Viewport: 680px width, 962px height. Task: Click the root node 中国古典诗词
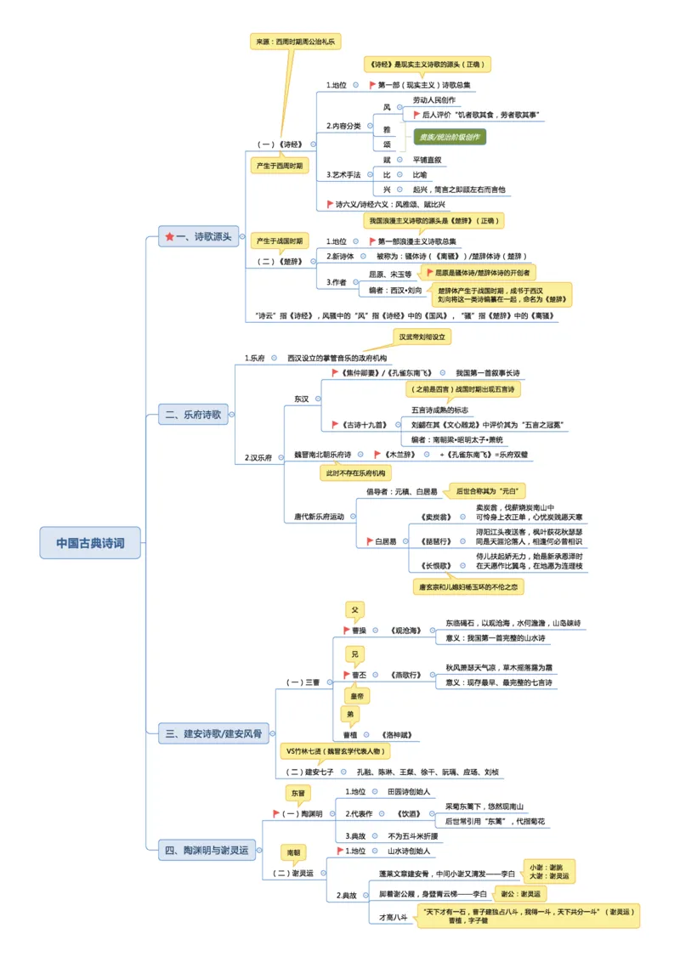click(x=90, y=542)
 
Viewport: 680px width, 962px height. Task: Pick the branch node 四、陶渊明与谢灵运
click(x=207, y=849)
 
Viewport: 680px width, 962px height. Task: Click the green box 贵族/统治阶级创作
click(x=449, y=136)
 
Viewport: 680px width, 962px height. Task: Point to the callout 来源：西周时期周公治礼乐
click(x=295, y=41)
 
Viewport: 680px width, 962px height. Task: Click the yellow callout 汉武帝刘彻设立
click(x=423, y=337)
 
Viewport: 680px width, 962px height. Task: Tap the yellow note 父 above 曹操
click(x=355, y=609)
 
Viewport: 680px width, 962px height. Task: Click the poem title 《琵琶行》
click(x=435, y=540)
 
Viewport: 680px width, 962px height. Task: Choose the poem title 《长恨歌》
click(x=435, y=564)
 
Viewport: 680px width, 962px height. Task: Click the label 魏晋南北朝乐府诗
click(x=322, y=455)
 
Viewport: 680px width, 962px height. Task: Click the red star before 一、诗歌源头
click(x=169, y=236)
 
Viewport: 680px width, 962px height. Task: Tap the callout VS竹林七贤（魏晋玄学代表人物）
click(x=336, y=751)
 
